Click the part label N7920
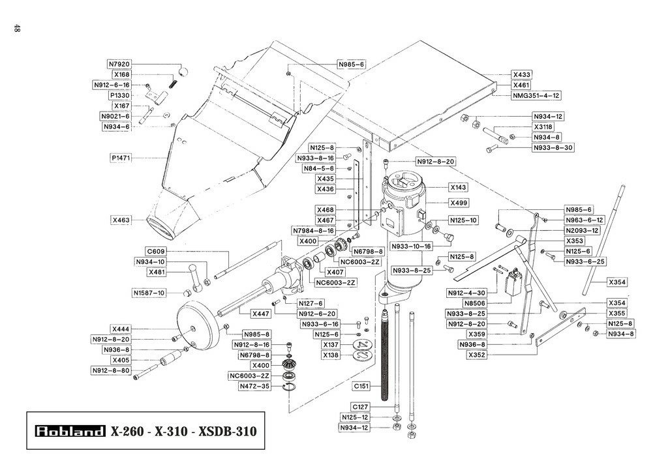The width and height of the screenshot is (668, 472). point(119,65)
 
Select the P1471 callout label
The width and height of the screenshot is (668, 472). point(121,158)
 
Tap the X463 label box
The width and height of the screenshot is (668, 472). point(121,220)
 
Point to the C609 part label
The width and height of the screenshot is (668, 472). point(155,252)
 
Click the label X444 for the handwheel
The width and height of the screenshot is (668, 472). point(121,329)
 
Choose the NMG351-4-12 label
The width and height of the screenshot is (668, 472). point(536,96)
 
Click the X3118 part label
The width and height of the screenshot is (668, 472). point(543,127)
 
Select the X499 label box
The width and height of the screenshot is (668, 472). point(459,203)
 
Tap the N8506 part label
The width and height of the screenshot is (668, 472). point(475,303)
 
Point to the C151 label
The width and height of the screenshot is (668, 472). point(361,387)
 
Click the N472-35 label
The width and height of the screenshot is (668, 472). point(254,387)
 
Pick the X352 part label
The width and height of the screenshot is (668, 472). point(477,355)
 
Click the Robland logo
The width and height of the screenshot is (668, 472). point(70,431)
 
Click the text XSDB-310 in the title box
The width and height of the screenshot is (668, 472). point(228,431)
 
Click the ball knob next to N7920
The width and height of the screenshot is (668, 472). point(183,70)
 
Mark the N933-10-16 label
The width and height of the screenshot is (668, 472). point(411,246)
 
